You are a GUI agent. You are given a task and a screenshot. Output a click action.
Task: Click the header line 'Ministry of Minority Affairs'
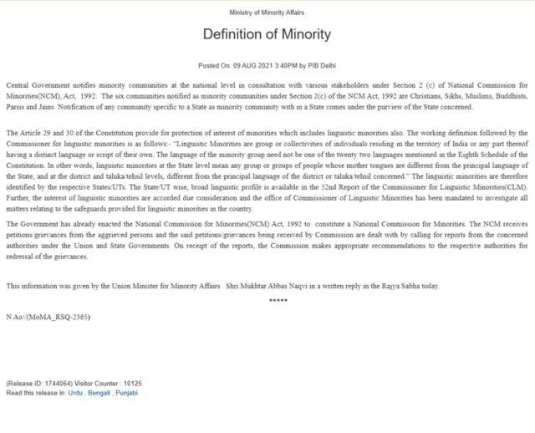(x=267, y=13)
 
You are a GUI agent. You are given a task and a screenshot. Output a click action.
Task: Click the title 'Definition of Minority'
(x=267, y=35)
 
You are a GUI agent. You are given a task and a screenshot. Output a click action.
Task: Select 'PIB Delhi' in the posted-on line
(x=322, y=65)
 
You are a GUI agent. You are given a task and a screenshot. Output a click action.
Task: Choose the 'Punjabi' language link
(x=127, y=392)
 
